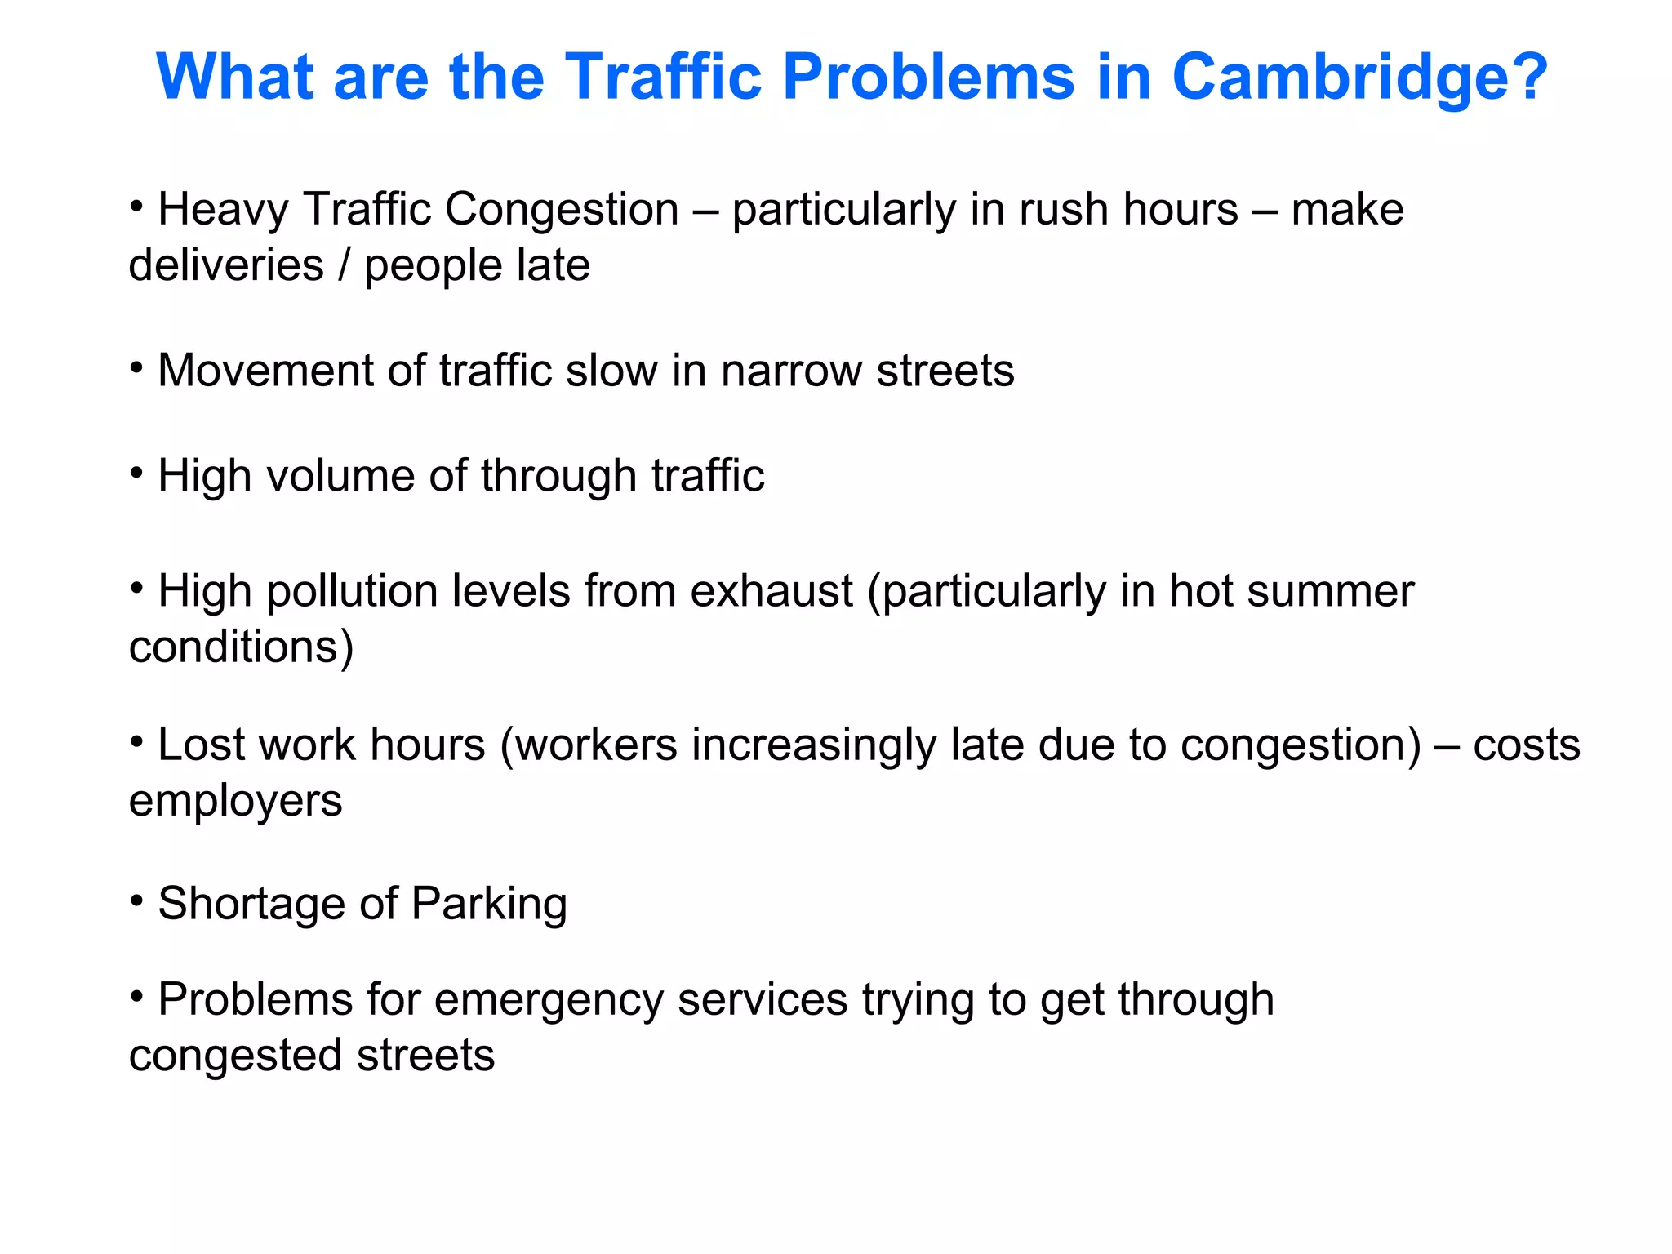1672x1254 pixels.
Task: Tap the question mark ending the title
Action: [x=1526, y=78]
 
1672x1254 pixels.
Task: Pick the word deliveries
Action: [x=226, y=266]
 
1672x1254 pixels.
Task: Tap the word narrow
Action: [x=790, y=371]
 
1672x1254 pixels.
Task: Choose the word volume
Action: [x=340, y=477]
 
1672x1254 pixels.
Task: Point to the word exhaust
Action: [x=772, y=591]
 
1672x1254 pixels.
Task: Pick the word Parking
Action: [x=489, y=905]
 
